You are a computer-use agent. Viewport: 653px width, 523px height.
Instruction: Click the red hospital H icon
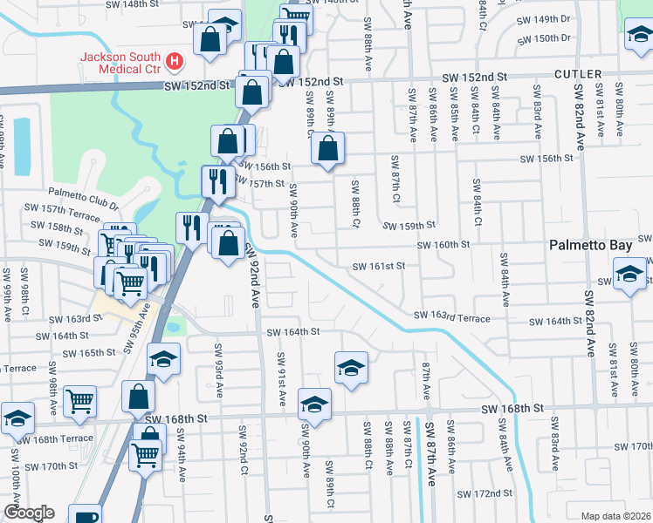coord(175,62)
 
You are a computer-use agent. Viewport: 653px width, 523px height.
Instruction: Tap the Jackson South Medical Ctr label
coord(121,62)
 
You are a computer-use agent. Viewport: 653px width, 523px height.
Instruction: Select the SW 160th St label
coord(443,245)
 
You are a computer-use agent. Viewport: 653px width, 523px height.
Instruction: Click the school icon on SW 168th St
coord(314,404)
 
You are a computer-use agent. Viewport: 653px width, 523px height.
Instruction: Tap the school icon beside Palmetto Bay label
coord(629,274)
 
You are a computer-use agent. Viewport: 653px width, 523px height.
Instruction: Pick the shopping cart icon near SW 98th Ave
coord(79,400)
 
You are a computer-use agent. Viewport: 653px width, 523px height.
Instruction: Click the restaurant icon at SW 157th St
coord(215,180)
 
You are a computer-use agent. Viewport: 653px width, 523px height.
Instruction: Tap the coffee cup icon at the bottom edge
coord(85,516)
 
